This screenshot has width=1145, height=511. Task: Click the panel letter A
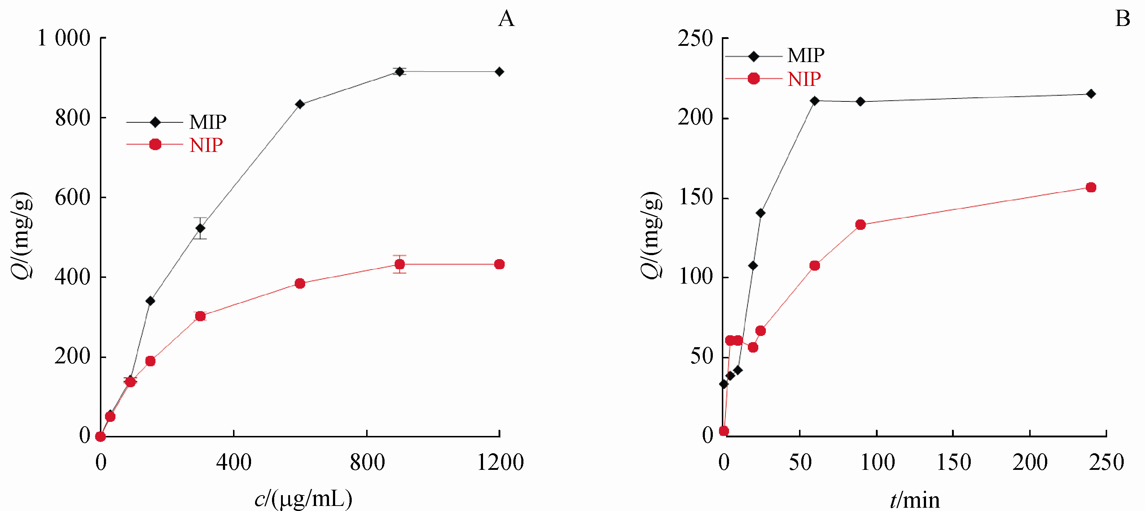pyautogui.click(x=506, y=19)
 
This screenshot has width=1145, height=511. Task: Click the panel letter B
pyautogui.click(x=1123, y=19)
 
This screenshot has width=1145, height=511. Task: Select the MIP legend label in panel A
pyautogui.click(x=207, y=122)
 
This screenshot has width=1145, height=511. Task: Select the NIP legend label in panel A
pyautogui.click(x=206, y=145)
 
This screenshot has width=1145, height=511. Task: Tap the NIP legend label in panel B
pyautogui.click(x=804, y=79)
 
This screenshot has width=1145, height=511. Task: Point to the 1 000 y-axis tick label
pyautogui.click(x=63, y=38)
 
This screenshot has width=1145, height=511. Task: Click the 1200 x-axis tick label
pyautogui.click(x=500, y=463)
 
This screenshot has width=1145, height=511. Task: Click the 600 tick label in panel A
pyautogui.click(x=73, y=197)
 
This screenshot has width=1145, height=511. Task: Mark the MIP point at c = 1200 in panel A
pyautogui.click(x=499, y=71)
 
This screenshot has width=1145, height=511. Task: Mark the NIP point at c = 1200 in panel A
pyautogui.click(x=499, y=264)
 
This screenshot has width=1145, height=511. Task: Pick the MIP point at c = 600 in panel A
pyautogui.click(x=300, y=104)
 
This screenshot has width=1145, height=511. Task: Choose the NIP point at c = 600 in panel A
pyautogui.click(x=300, y=283)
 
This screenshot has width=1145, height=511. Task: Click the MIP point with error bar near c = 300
pyautogui.click(x=200, y=228)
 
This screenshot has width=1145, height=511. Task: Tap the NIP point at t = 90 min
pyautogui.click(x=860, y=224)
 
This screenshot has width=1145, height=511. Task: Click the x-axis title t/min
pyautogui.click(x=915, y=500)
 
